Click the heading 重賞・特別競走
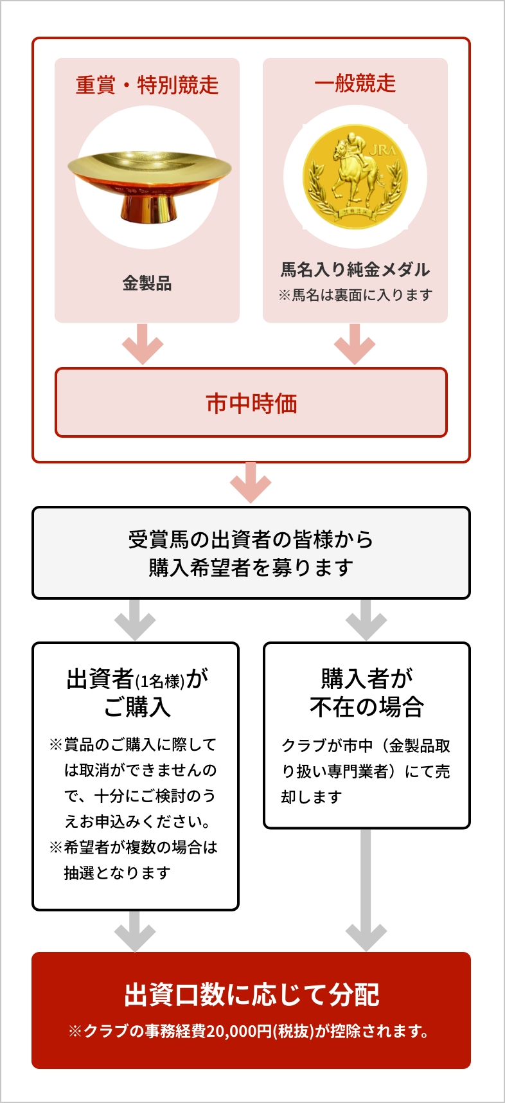tap(147, 85)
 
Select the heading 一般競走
tap(355, 84)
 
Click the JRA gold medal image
tap(355, 177)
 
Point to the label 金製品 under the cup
tap(147, 283)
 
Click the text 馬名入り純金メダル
tap(355, 269)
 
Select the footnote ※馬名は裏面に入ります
tap(355, 295)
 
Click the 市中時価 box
tap(251, 403)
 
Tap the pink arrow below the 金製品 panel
tap(143, 345)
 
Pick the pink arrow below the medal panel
tap(354, 345)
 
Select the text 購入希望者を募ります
tap(251, 568)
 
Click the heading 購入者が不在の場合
tap(366, 693)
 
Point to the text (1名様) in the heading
tap(160, 681)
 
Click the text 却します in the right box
tap(312, 797)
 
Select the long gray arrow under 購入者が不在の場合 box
tap(366, 890)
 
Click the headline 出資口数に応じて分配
tap(251, 994)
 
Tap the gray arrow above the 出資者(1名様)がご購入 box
tap(135, 620)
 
